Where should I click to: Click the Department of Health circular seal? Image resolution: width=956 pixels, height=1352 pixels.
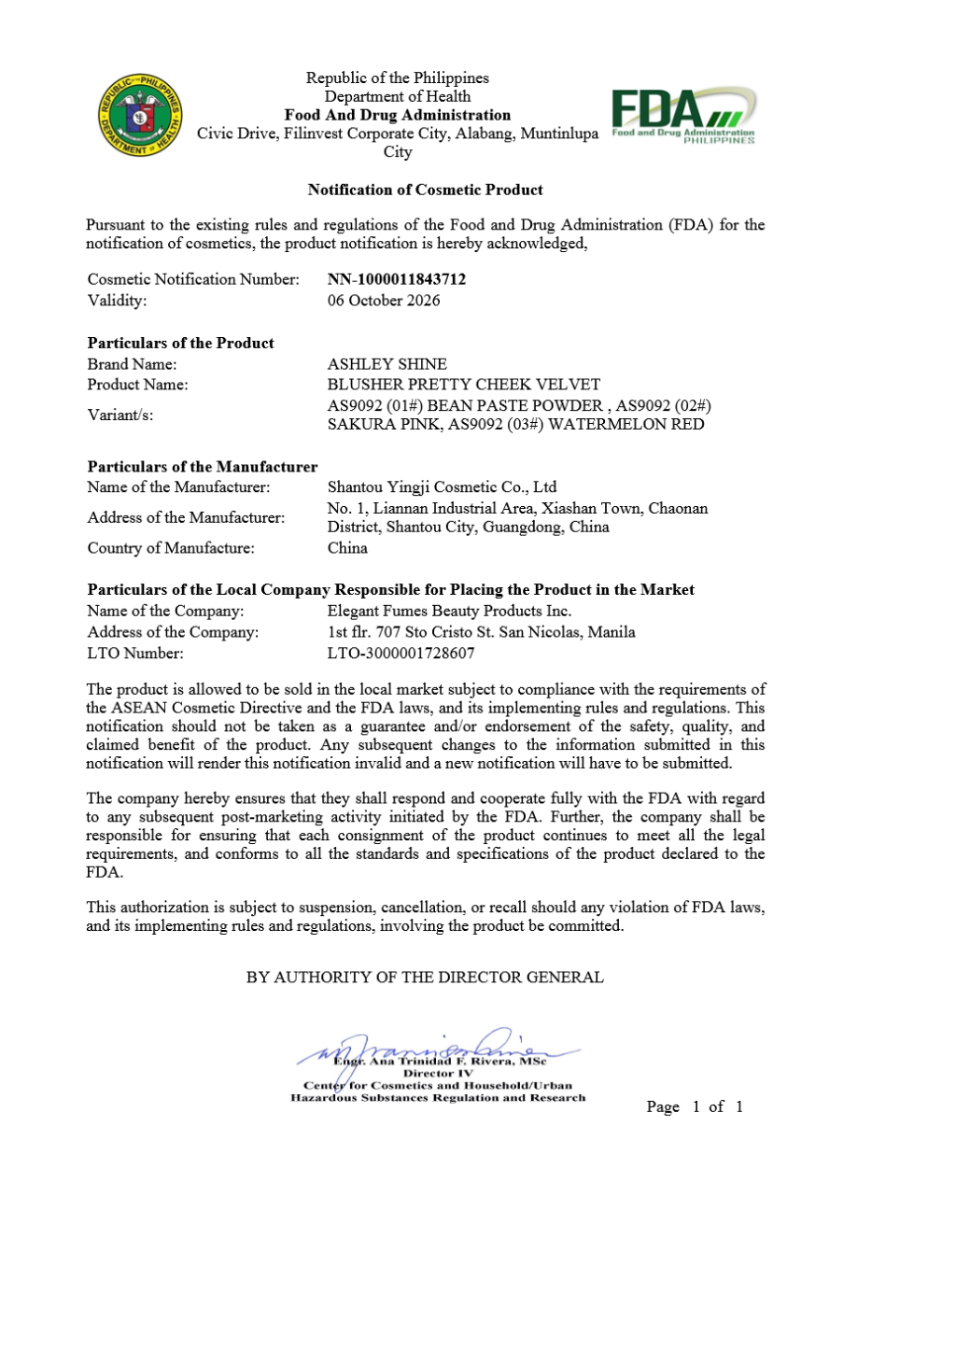pyautogui.click(x=140, y=116)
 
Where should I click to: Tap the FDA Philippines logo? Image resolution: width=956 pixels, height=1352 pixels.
pyautogui.click(x=682, y=116)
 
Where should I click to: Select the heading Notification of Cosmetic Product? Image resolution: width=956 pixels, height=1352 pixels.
pyautogui.click(x=425, y=190)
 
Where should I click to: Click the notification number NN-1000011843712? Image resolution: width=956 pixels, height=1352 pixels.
pyautogui.click(x=396, y=279)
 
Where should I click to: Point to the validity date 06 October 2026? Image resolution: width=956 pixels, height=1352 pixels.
pyautogui.click(x=383, y=301)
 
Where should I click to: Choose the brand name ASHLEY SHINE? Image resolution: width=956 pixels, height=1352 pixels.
pyautogui.click(x=387, y=364)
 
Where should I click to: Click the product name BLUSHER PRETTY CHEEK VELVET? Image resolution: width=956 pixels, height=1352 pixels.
pyautogui.click(x=463, y=385)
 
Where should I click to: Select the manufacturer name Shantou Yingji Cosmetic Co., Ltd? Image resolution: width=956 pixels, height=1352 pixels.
pyautogui.click(x=442, y=486)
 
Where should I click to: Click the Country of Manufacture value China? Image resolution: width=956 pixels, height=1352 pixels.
pyautogui.click(x=347, y=548)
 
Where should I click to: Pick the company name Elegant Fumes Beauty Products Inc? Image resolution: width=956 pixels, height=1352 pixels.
pyautogui.click(x=449, y=611)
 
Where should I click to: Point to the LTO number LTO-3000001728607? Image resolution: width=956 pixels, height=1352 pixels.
pyautogui.click(x=401, y=654)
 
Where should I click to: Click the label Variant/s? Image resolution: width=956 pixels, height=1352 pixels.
pyautogui.click(x=120, y=415)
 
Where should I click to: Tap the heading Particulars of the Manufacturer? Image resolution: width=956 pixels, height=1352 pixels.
pyautogui.click(x=203, y=467)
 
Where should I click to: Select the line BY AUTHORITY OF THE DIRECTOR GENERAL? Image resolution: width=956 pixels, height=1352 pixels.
pyautogui.click(x=425, y=978)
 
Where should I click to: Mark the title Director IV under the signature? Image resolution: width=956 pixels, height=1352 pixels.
pyautogui.click(x=438, y=1074)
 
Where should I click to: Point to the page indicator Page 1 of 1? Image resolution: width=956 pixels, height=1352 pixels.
pyautogui.click(x=695, y=1107)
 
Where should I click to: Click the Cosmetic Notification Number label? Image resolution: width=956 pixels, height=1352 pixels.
pyautogui.click(x=193, y=279)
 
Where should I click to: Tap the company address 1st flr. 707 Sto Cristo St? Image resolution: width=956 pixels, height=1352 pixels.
pyautogui.click(x=481, y=632)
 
